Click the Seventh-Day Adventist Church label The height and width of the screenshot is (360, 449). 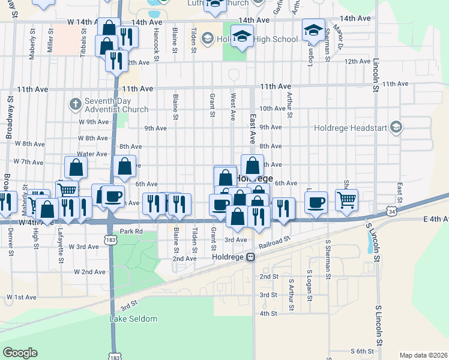click(118, 106)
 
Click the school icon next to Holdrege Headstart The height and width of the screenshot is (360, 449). click(396, 127)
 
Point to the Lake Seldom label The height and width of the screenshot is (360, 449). click(133, 319)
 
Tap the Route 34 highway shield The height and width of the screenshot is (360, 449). click(391, 212)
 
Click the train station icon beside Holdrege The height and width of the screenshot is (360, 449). click(252, 257)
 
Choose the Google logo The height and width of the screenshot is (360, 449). click(20, 353)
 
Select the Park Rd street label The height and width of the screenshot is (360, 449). click(130, 232)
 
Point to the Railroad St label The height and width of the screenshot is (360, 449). click(275, 243)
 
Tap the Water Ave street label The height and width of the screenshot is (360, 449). click(92, 154)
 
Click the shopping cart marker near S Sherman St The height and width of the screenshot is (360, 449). click(346, 200)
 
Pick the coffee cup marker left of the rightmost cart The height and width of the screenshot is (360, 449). click(316, 202)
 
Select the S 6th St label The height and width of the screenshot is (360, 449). click(363, 350)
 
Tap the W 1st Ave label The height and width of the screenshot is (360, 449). click(22, 297)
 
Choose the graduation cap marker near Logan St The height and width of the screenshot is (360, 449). click(313, 31)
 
